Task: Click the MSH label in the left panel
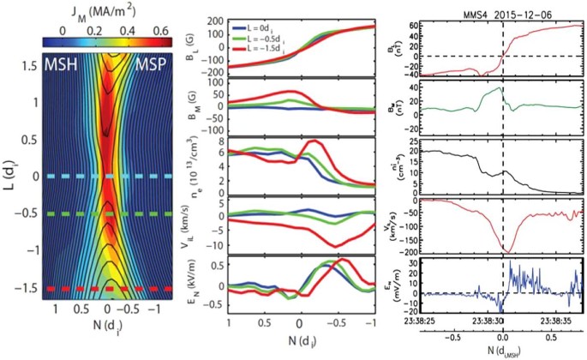[60, 66]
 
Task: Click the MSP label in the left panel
[158, 66]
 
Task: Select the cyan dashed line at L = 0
[107, 176]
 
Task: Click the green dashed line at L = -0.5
[107, 213]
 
